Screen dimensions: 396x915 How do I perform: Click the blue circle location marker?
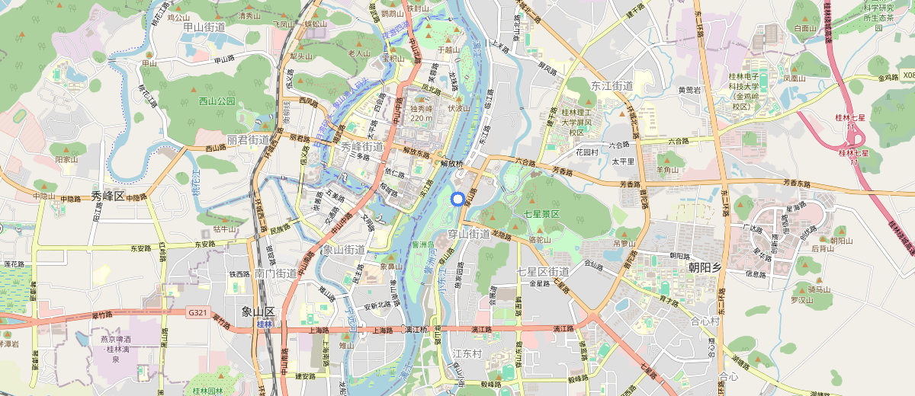tap(457, 200)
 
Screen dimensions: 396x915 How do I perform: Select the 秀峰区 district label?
tap(108, 196)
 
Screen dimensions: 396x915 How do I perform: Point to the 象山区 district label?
tap(258, 311)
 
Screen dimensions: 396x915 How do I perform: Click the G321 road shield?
tap(196, 311)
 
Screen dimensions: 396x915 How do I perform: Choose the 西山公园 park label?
tap(217, 101)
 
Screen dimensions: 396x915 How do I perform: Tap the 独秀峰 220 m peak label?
tap(422, 113)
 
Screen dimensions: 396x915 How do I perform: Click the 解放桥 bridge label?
tap(452, 162)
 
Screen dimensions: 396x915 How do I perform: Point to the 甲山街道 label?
tap(204, 27)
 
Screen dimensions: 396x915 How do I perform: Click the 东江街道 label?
tap(612, 86)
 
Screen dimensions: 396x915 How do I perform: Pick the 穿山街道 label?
tap(469, 234)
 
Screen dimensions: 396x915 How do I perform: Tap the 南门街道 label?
tap(276, 273)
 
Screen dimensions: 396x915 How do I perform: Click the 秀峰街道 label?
tap(362, 146)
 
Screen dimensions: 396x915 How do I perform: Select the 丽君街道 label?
tap(249, 140)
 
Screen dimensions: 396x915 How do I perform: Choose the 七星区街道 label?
tap(543, 272)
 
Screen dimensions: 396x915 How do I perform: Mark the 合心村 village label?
tap(705, 321)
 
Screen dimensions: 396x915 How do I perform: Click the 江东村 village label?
tap(467, 354)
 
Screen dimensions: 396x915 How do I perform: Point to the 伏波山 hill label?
tap(459, 108)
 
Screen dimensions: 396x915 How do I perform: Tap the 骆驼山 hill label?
tap(539, 239)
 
